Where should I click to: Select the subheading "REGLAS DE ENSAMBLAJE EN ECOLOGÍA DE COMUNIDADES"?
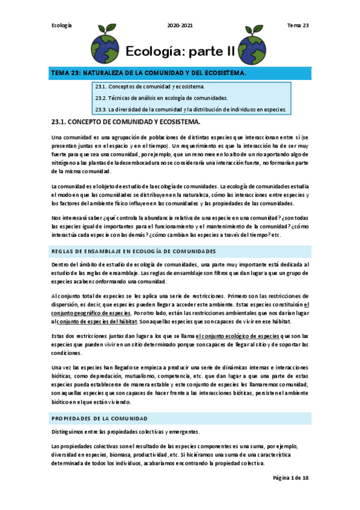click(x=133, y=251)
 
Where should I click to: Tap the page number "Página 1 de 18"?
click(x=291, y=478)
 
